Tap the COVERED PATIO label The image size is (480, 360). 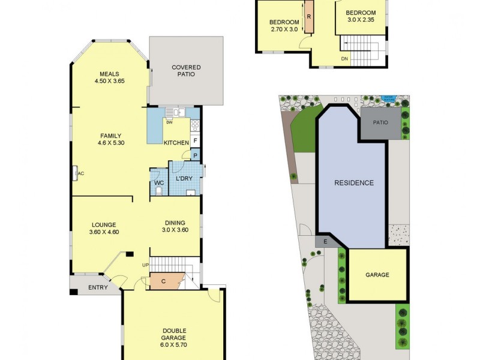[x=186, y=71]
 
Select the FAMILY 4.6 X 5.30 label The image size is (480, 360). [x=110, y=139]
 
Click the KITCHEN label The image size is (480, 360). [x=177, y=142]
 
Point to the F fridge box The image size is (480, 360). [x=196, y=141]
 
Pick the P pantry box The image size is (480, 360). [x=196, y=155]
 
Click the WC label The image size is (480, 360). [x=159, y=182]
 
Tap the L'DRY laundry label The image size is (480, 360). [x=184, y=179]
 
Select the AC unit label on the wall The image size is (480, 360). [x=78, y=173]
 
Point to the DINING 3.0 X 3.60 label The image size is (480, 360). [x=175, y=226]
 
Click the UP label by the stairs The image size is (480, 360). [x=145, y=265]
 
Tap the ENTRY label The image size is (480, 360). [x=98, y=287]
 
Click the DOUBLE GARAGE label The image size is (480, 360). [x=174, y=335]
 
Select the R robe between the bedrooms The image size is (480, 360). [x=308, y=17]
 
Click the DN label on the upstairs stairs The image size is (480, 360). [x=344, y=59]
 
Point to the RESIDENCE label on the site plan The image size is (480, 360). [x=354, y=183]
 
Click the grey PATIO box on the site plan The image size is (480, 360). [x=380, y=122]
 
